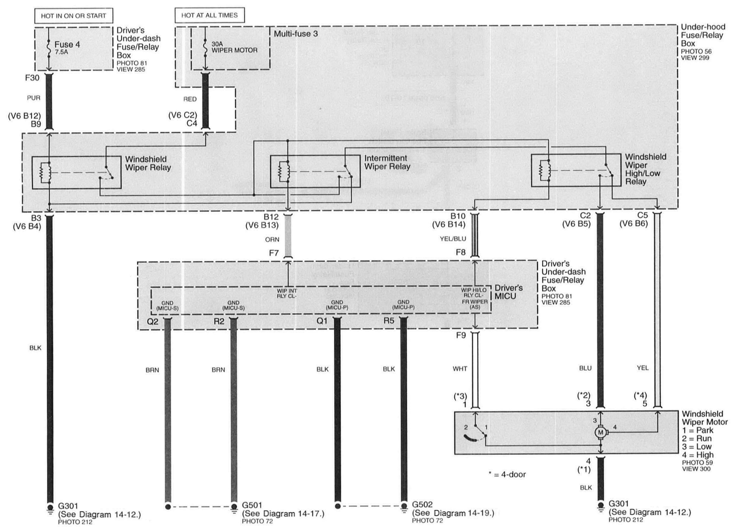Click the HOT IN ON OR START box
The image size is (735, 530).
pos(74,16)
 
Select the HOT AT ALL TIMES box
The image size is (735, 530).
pos(209,15)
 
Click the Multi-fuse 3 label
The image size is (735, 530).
pos(296,34)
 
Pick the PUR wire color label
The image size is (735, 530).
pos(34,98)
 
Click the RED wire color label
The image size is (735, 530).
pos(190,99)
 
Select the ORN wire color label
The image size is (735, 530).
pos(272,239)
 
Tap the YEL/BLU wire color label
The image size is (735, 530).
pos(453,239)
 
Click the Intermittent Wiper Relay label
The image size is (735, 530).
pos(387,163)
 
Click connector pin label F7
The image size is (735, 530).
pos(274,253)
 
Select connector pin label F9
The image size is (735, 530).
pos(461,335)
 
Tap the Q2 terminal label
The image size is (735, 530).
pos(153,321)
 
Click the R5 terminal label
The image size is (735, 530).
pos(389,321)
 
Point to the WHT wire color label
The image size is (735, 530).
pos(460,369)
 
